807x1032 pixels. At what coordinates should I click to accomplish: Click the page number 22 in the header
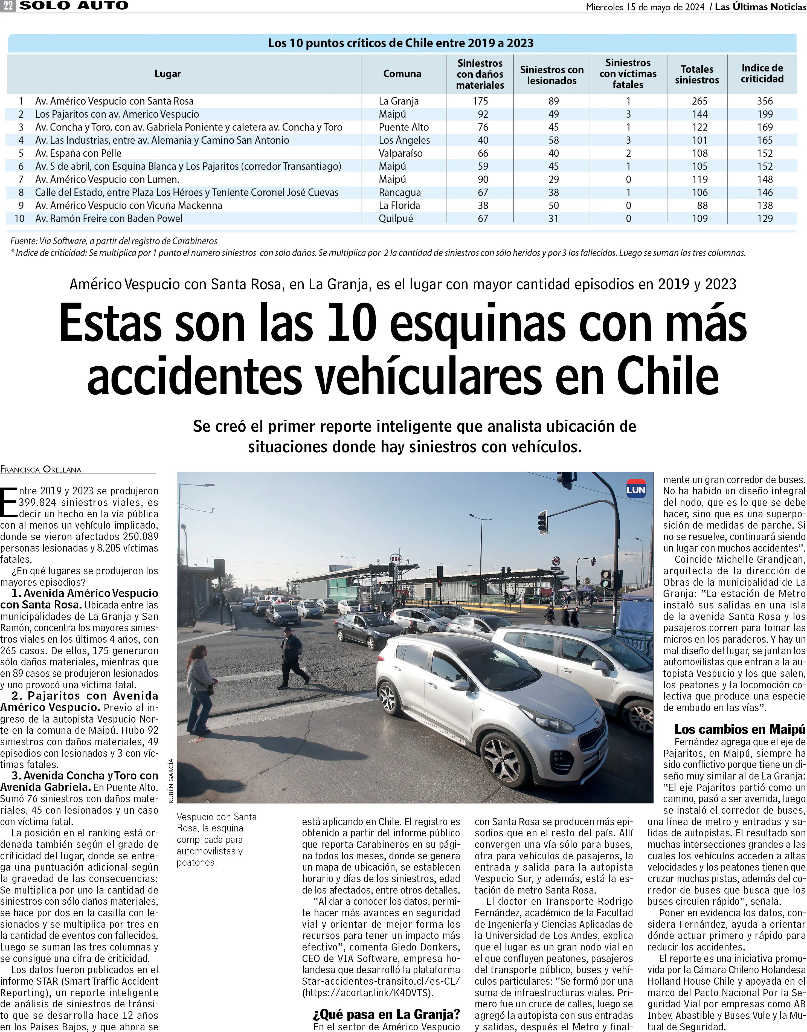pyautogui.click(x=8, y=6)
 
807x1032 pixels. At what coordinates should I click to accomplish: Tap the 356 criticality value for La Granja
pyautogui.click(x=765, y=101)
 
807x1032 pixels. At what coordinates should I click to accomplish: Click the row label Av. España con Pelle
pyautogui.click(x=79, y=153)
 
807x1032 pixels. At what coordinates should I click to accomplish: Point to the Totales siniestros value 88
pyautogui.click(x=702, y=205)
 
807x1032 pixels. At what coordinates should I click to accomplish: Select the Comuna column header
pyautogui.click(x=402, y=74)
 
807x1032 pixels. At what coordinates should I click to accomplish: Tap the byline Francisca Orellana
pyautogui.click(x=41, y=469)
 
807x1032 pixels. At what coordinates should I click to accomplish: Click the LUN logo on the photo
pyautogui.click(x=635, y=489)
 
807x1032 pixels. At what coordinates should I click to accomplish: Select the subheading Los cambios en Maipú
pyautogui.click(x=739, y=729)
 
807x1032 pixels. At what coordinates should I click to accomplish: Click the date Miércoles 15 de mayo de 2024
pyautogui.click(x=645, y=7)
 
